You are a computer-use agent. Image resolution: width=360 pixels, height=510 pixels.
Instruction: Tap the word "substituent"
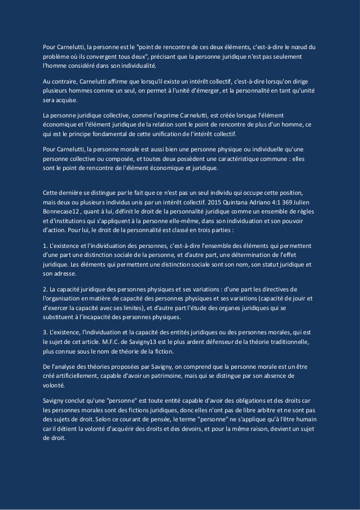[60, 320]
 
